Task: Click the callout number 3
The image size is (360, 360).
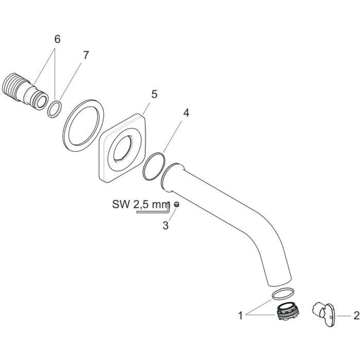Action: pos(166,225)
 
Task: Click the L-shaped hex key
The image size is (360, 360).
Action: pos(154,210)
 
